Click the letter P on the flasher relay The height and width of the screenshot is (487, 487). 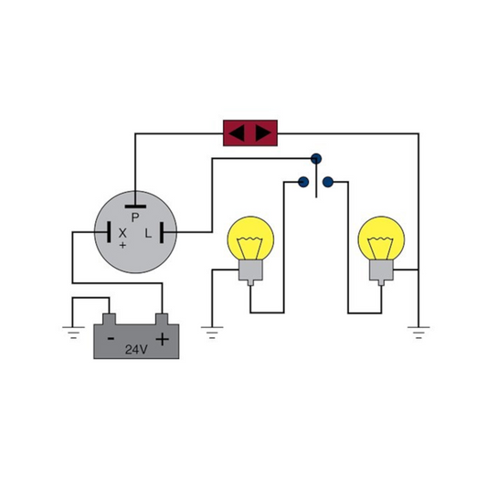point(135,217)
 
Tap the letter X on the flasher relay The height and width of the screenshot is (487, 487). point(122,233)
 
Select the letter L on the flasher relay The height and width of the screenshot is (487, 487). point(148,233)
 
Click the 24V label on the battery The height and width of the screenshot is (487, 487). point(136,350)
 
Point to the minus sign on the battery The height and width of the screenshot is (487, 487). point(111,339)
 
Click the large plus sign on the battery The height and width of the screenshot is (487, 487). point(162,339)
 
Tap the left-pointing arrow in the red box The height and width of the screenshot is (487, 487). point(237,133)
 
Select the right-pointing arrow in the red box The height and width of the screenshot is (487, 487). point(263,133)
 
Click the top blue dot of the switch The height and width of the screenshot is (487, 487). point(316,159)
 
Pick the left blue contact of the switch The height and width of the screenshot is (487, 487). point(303,182)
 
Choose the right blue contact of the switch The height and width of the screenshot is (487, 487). point(328,182)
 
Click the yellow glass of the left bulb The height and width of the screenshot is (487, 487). point(250,238)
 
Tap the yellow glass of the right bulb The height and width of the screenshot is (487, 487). point(381,238)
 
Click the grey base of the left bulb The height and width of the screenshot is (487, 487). point(250,271)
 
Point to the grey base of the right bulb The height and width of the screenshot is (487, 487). point(381,271)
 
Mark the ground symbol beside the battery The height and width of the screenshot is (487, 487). point(73,333)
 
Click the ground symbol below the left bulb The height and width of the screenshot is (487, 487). point(212,333)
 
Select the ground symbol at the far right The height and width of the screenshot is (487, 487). point(418,333)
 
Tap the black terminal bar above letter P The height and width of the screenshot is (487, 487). point(135,206)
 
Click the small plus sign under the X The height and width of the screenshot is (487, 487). point(123,245)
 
